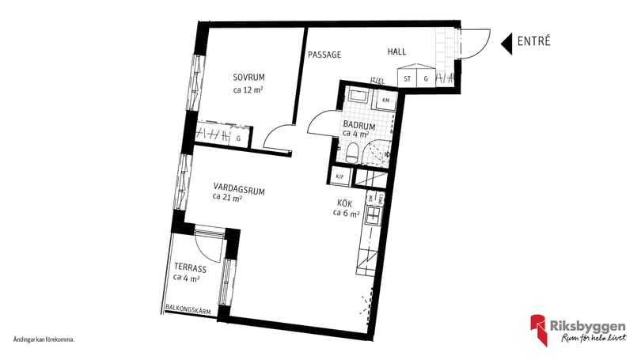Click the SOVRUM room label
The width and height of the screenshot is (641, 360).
coord(248,77)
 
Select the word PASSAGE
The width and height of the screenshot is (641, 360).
coord(324,55)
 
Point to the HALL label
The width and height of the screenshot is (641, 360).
coord(396,51)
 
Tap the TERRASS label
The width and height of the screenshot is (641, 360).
coord(188,267)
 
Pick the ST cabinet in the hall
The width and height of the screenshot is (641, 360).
coord(408,78)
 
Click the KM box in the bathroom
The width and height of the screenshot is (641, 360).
coord(385,100)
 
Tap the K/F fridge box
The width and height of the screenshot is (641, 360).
coord(341,176)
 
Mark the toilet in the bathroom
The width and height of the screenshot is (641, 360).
coord(353,150)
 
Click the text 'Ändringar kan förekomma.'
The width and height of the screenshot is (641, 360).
coord(44,339)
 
